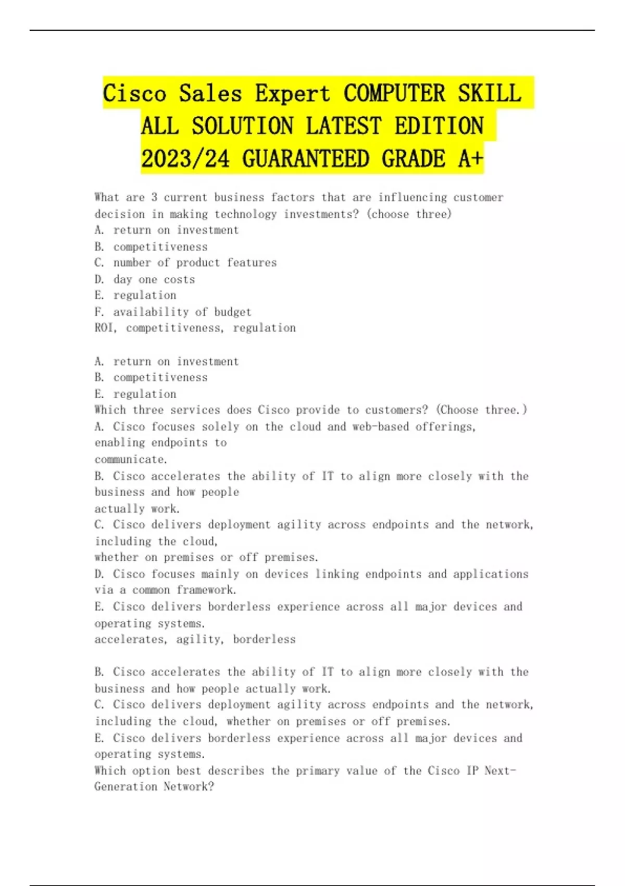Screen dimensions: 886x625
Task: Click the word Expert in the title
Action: point(292,94)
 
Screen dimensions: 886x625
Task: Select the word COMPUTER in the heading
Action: point(394,94)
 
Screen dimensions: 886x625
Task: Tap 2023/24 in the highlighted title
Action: point(185,158)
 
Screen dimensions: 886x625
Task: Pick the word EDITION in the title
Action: point(439,126)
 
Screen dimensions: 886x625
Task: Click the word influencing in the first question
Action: point(412,198)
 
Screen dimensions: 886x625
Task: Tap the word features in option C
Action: point(252,263)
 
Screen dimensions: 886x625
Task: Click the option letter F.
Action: point(99,312)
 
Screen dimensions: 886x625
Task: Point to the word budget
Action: point(233,312)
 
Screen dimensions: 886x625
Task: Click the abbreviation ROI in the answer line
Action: point(105,328)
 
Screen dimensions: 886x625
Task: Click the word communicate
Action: point(131,460)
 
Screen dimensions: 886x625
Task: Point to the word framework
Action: point(206,590)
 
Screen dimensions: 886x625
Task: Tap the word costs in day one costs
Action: point(179,279)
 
